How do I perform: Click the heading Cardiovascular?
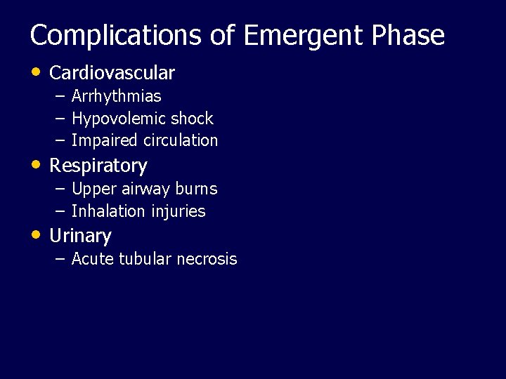[112, 73]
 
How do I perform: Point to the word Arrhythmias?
[116, 96]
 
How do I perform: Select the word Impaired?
[104, 140]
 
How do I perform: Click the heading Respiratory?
[98, 166]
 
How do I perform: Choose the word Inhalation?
[108, 211]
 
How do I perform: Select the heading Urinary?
[80, 237]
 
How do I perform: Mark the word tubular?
[145, 259]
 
